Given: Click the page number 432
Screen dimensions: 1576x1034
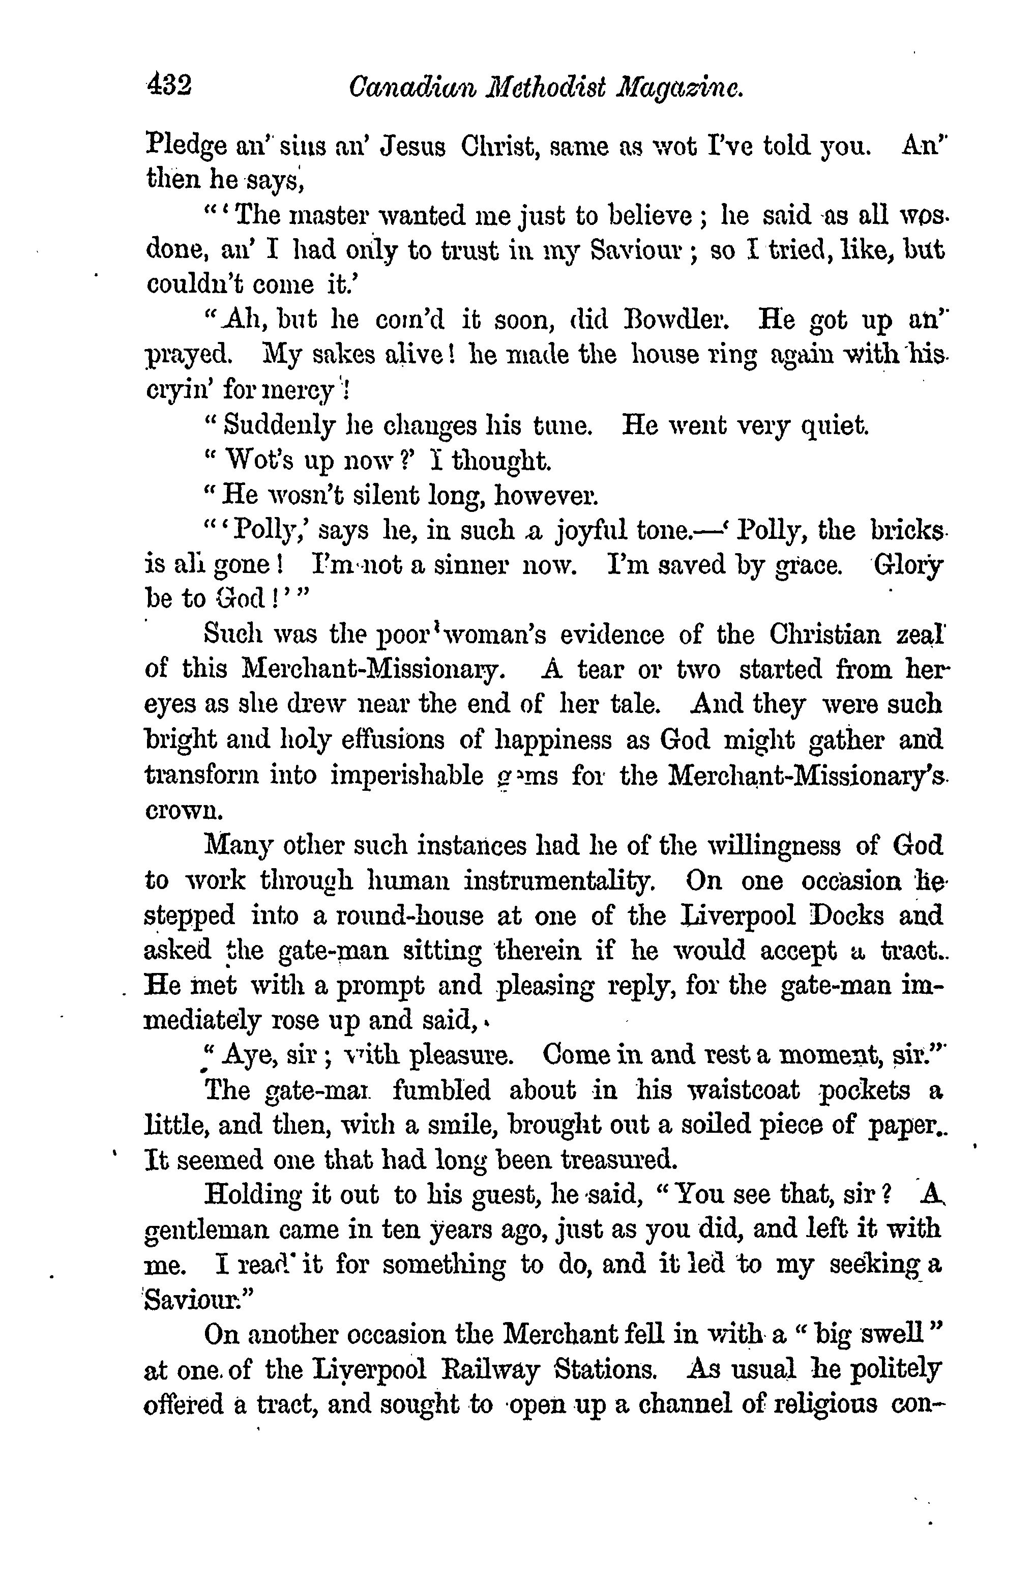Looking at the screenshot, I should click(x=169, y=86).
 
